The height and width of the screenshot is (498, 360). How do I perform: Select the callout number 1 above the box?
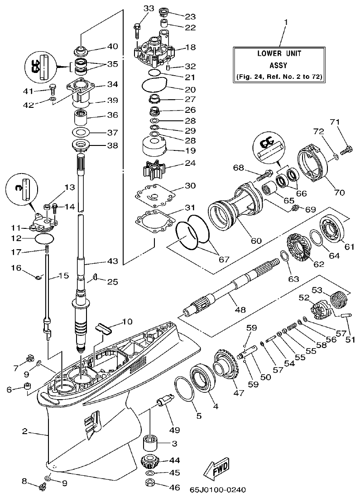tap(286, 22)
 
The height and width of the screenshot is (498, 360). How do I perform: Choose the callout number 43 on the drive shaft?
tap(112, 261)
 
